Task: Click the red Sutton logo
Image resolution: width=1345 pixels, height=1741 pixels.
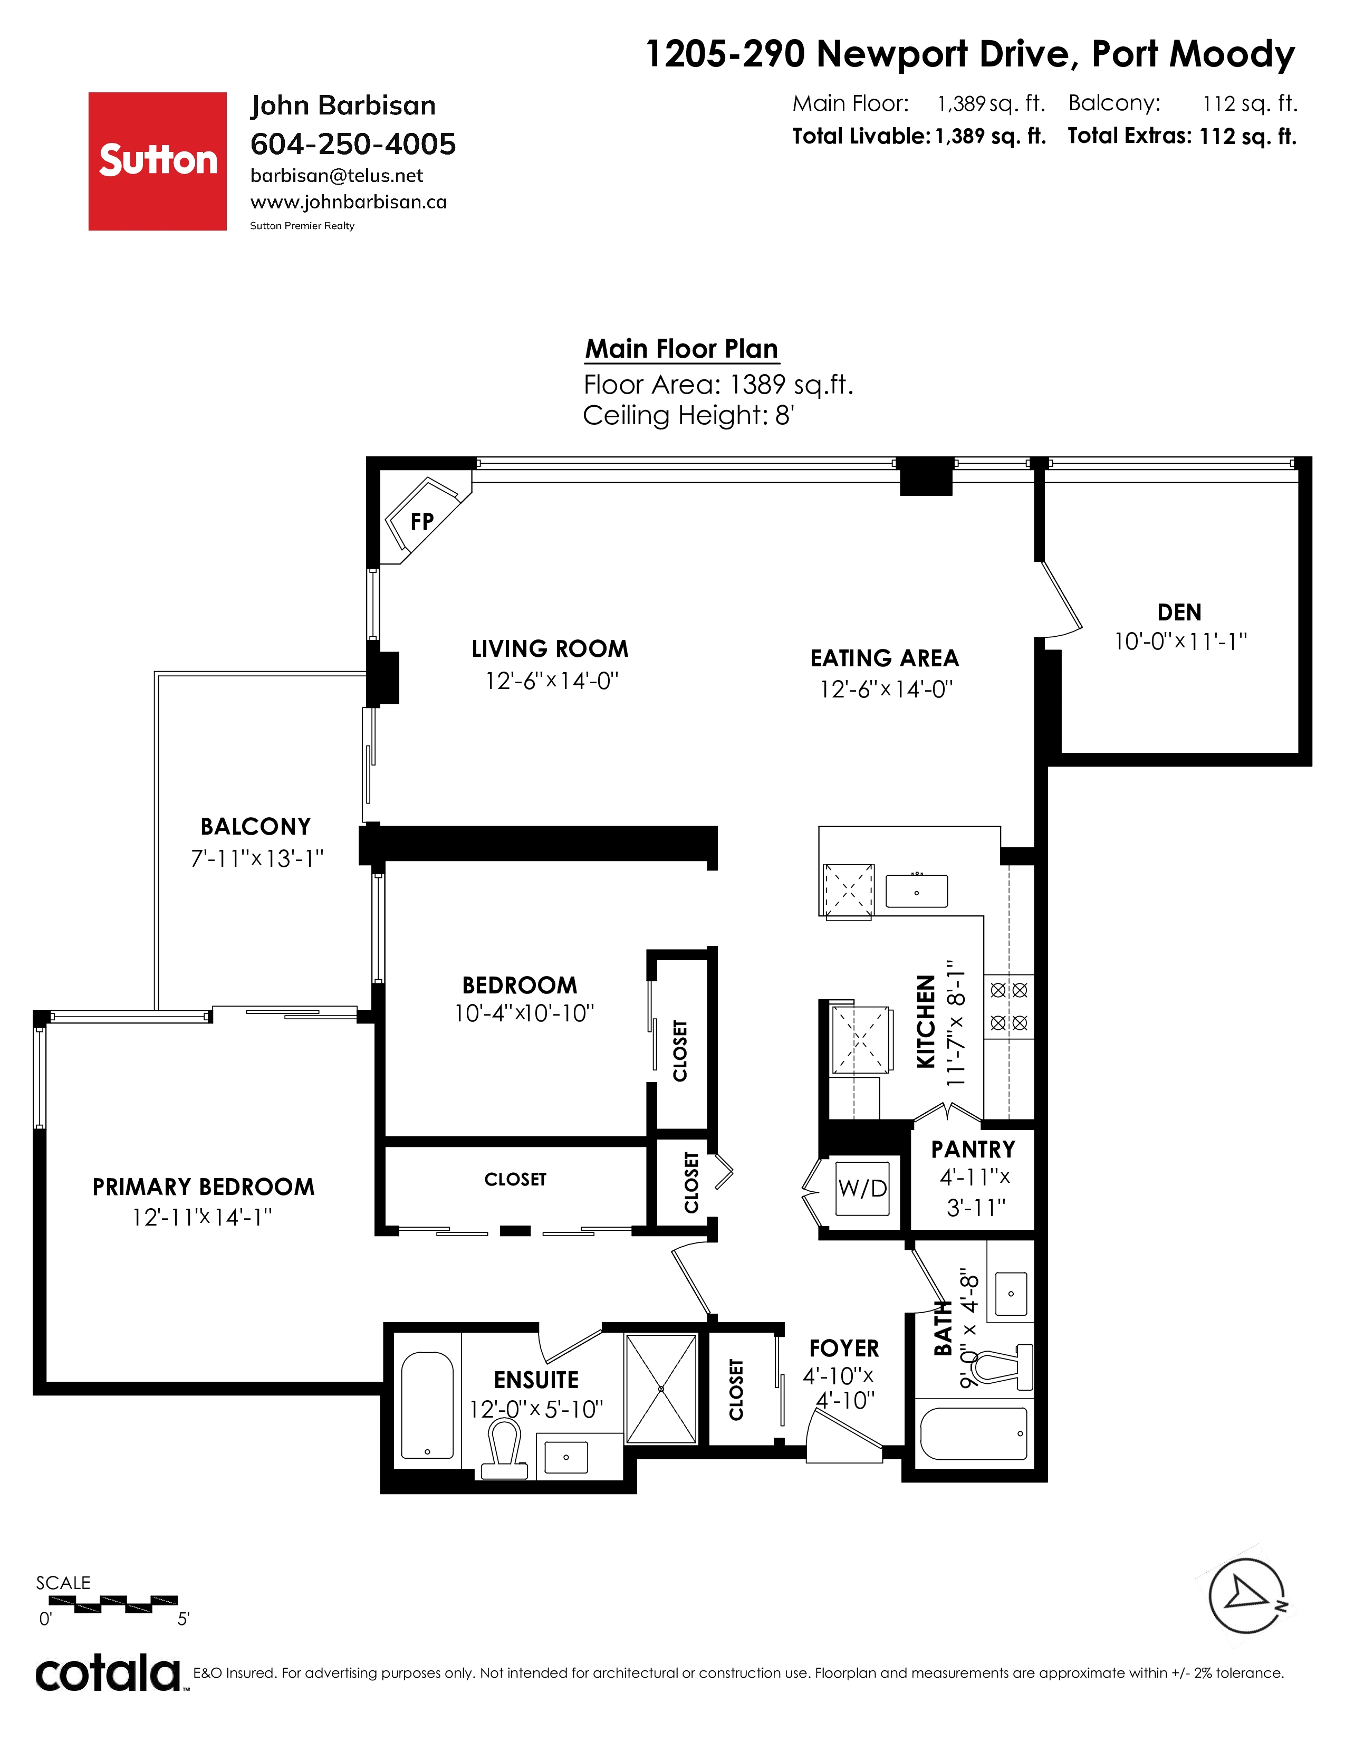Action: (x=157, y=161)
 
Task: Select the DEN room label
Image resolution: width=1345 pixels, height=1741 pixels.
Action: (x=1179, y=612)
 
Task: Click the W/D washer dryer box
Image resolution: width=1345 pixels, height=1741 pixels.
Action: (x=862, y=1188)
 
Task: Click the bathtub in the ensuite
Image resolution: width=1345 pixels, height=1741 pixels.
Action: (x=427, y=1404)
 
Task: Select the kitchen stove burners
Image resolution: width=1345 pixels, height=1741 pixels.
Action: (x=1008, y=1007)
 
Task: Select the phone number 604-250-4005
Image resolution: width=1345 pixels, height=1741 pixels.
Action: (x=353, y=144)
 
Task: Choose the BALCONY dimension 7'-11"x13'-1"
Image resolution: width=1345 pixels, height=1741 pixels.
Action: (x=256, y=858)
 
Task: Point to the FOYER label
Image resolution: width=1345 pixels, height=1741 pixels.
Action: (x=844, y=1348)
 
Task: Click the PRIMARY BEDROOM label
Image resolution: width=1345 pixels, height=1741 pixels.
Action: (x=203, y=1187)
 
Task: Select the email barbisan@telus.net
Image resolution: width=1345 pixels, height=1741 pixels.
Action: (x=337, y=175)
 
